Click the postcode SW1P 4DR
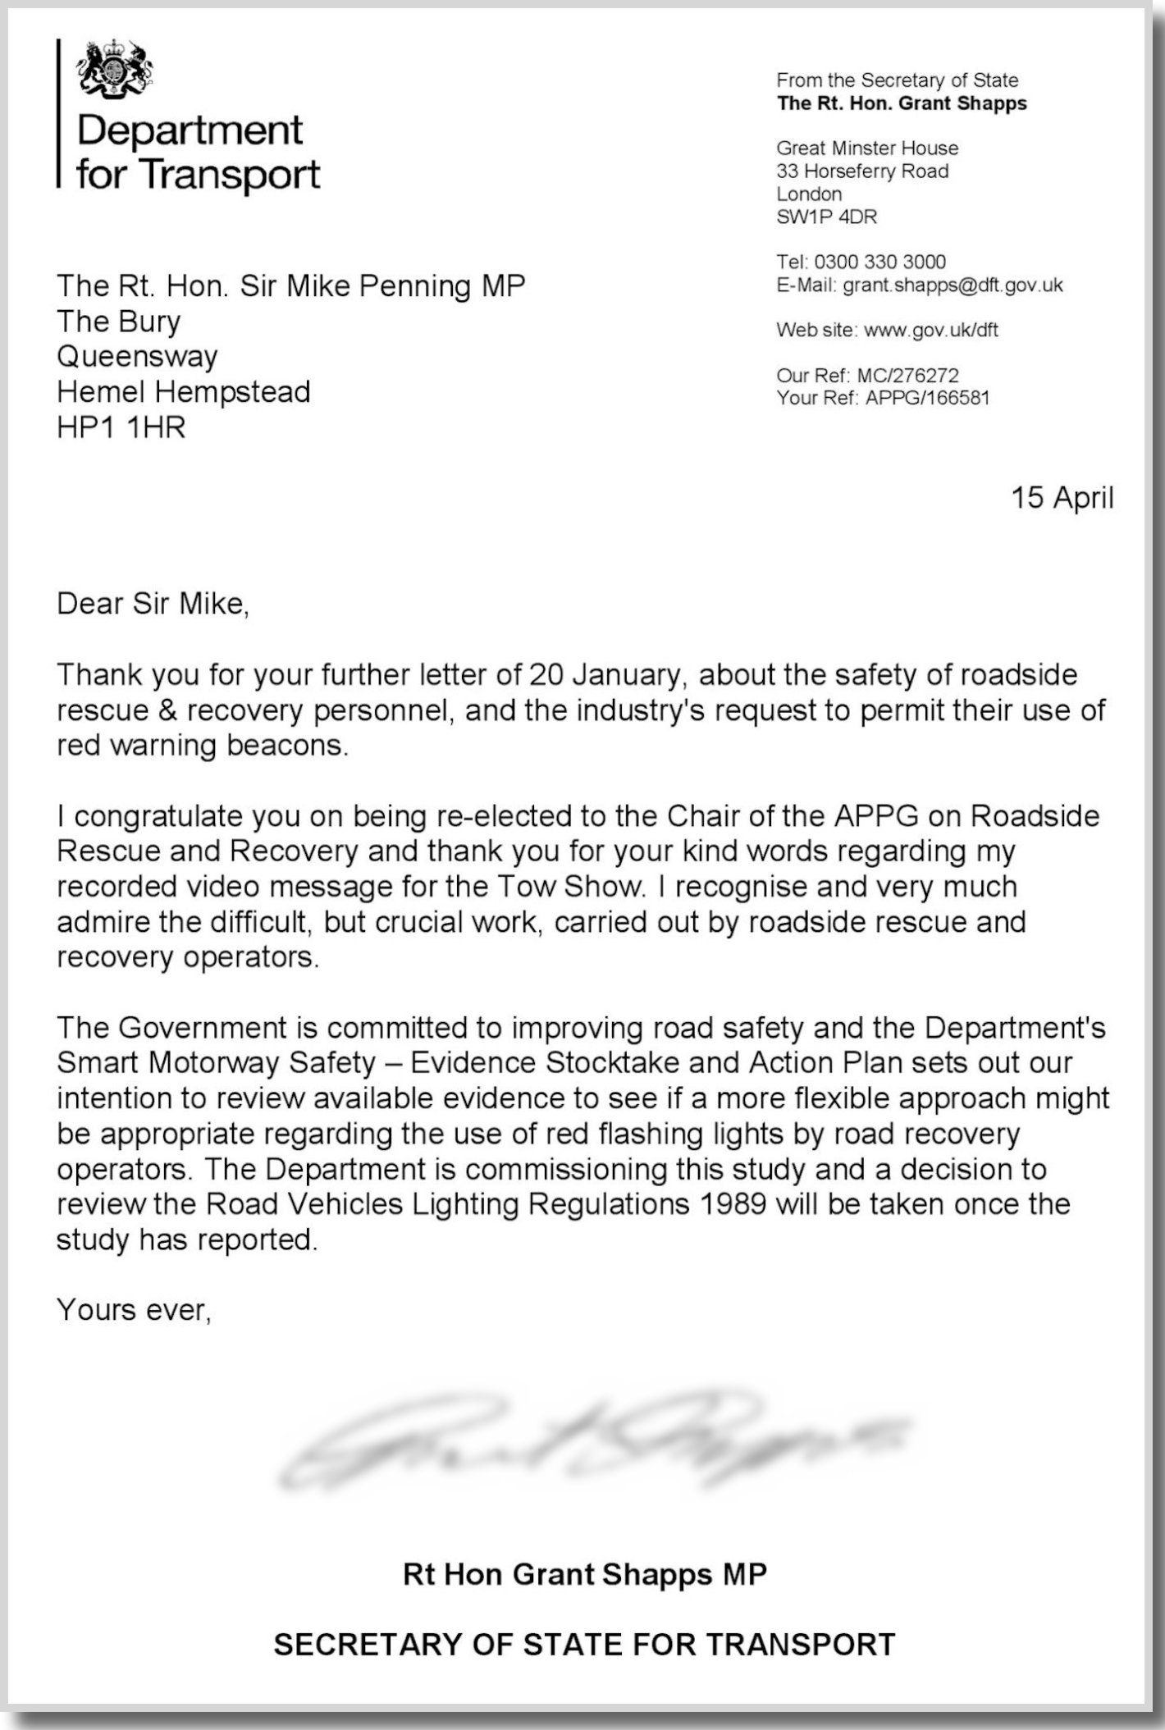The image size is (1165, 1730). click(x=826, y=217)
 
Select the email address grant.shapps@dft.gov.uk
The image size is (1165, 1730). click(x=953, y=285)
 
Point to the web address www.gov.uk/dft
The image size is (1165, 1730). click(x=931, y=331)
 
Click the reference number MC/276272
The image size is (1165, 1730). click(x=907, y=376)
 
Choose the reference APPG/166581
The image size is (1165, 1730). click(x=927, y=399)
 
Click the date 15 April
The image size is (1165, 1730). click(x=1062, y=498)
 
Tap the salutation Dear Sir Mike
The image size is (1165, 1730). click(x=152, y=604)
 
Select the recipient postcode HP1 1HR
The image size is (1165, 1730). click(x=121, y=427)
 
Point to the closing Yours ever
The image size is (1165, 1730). click(x=134, y=1310)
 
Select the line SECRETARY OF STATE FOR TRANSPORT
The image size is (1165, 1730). click(x=584, y=1645)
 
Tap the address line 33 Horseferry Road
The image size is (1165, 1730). click(x=862, y=171)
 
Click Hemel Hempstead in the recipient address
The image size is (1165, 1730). click(x=183, y=392)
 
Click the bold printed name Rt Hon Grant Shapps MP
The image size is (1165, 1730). click(x=584, y=1574)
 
